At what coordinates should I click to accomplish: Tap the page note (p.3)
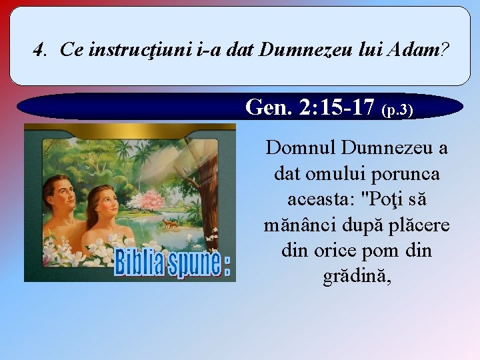397,109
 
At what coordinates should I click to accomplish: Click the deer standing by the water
171,225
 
